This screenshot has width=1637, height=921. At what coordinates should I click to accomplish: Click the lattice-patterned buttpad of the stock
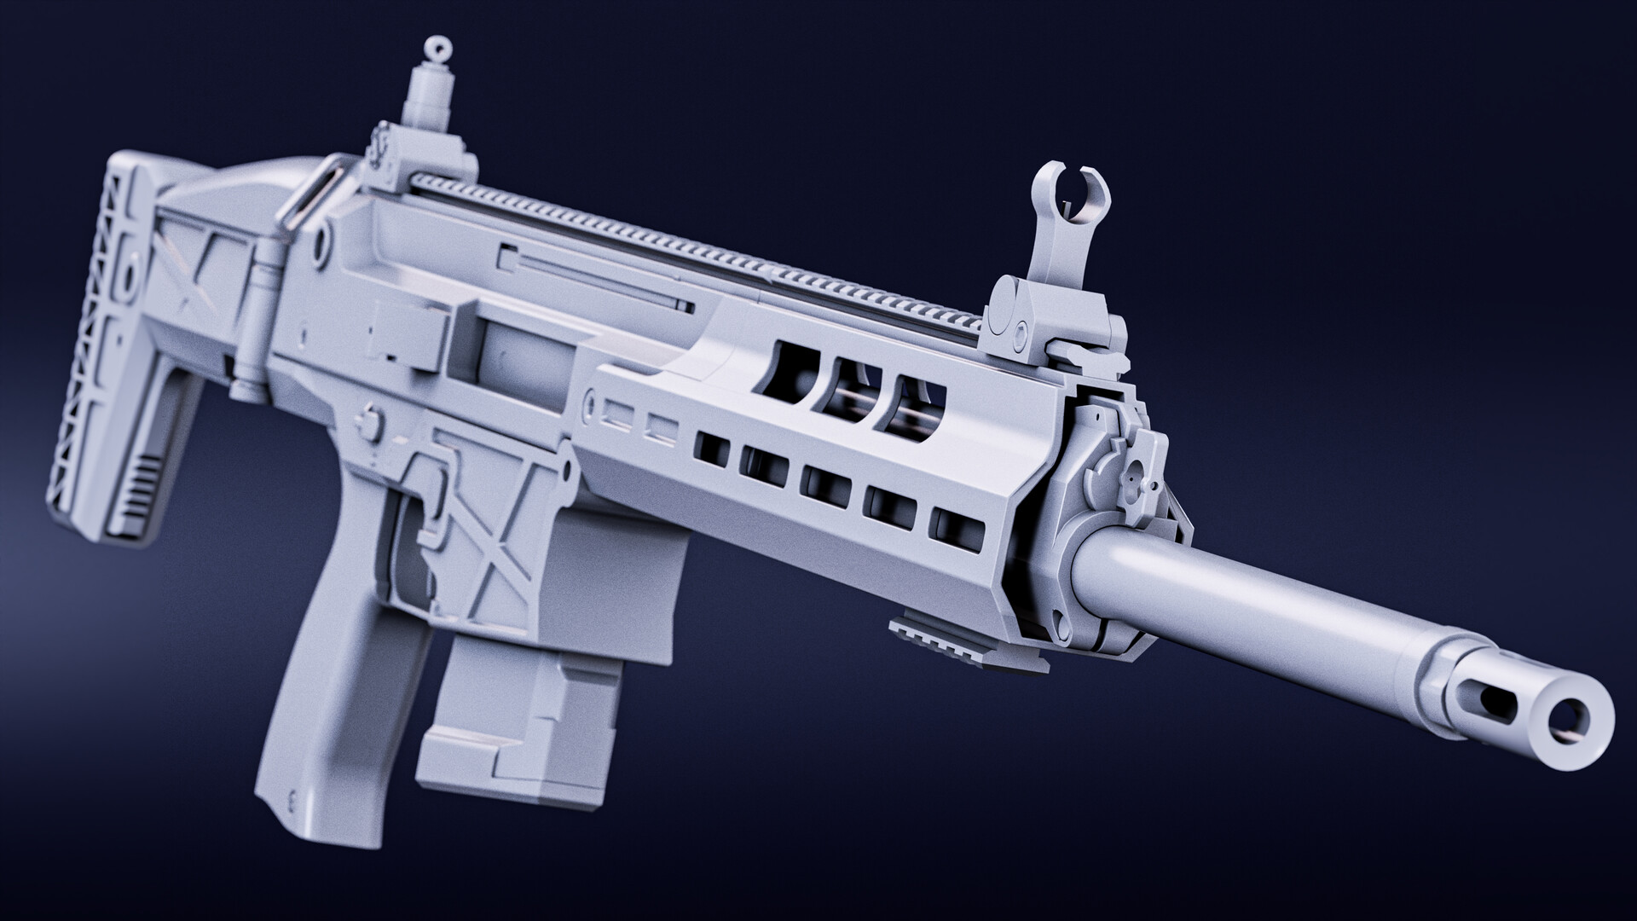(x=90, y=341)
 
